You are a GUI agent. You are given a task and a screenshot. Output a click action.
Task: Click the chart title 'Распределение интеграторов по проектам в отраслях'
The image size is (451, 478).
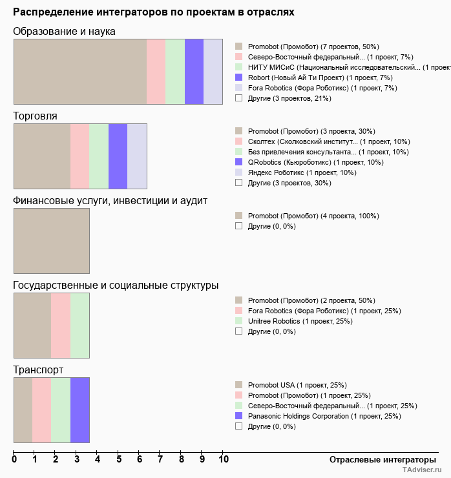(154, 12)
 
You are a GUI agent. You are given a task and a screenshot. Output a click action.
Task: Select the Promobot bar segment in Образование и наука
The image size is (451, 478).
(80, 72)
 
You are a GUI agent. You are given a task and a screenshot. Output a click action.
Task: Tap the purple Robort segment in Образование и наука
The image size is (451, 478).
(194, 72)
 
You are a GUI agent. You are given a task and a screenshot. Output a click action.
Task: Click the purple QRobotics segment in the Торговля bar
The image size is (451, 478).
(118, 156)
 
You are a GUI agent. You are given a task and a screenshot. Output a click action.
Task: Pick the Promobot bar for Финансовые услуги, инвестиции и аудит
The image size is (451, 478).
(52, 241)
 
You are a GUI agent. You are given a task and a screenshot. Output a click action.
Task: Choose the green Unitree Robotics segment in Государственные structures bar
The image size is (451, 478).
(80, 326)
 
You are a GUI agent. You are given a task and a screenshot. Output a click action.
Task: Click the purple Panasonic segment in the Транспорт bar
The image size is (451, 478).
(80, 410)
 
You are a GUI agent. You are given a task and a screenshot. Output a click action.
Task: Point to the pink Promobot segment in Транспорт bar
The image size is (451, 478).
(42, 410)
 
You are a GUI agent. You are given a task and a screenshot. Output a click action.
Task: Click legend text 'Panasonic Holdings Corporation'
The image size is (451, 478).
(298, 416)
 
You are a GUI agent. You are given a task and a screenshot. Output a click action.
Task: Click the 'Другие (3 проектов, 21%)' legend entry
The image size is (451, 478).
(289, 98)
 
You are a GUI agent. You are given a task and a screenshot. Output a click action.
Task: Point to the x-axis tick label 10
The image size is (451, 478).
(223, 460)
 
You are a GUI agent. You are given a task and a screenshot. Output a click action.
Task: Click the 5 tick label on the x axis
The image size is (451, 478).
(119, 460)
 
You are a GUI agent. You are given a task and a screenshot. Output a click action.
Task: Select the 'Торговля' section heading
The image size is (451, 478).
(35, 116)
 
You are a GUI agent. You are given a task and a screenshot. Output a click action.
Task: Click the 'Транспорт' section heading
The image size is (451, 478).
(38, 370)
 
